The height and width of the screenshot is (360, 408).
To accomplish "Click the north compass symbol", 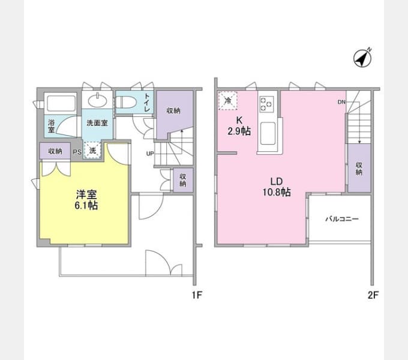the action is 362,58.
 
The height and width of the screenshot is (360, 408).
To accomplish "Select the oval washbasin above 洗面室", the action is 97,100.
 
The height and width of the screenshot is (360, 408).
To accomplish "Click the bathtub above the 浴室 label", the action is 61,104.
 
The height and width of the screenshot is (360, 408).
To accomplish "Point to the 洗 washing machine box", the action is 92,150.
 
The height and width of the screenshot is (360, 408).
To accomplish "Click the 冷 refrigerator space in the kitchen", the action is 227,101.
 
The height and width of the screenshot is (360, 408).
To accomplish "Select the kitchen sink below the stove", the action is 268,134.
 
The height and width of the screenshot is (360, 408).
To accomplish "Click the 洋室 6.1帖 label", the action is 86,200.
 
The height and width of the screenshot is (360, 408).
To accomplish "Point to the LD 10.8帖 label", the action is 277,187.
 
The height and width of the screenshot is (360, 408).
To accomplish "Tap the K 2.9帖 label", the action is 239,126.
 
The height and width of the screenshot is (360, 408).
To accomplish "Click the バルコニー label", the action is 342,219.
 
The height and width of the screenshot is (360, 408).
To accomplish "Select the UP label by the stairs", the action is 150,154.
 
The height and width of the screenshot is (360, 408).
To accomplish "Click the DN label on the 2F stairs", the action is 341,102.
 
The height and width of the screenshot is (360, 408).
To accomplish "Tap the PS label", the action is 77,152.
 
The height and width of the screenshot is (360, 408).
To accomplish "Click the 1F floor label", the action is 197,295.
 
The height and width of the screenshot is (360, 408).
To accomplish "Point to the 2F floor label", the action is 373,295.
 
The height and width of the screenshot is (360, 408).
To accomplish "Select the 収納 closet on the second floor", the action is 359,168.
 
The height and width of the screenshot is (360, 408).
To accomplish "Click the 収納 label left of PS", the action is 55,151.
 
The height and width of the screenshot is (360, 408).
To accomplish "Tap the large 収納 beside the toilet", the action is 173,111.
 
